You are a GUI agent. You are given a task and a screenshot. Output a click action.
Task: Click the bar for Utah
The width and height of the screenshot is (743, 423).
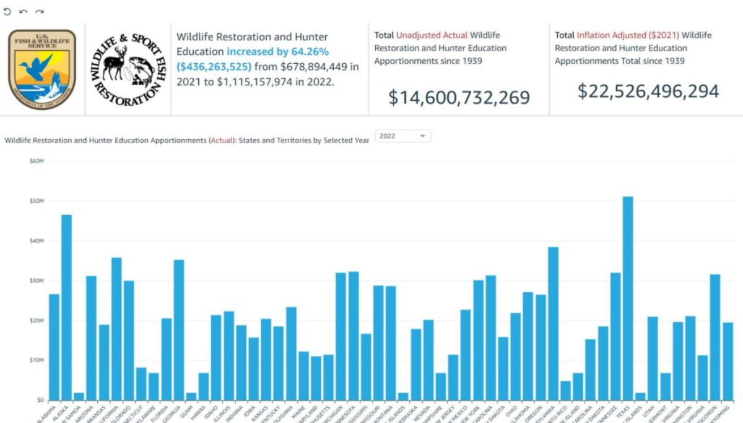[653, 358]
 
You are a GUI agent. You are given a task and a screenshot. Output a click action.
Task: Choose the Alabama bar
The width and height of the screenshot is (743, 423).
[54, 347]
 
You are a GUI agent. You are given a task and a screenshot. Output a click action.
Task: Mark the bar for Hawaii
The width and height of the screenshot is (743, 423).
[204, 386]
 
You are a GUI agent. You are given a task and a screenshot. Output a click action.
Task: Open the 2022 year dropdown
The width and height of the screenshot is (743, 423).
[403, 136]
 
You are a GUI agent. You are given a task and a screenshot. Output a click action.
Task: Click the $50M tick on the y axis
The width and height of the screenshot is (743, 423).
[37, 201]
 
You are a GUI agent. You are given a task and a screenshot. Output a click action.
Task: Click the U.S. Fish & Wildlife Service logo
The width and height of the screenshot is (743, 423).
[42, 69]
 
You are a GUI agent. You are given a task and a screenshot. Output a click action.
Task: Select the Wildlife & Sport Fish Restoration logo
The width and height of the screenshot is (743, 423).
[128, 69]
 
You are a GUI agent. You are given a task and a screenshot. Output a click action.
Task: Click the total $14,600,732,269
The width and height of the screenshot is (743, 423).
[459, 98]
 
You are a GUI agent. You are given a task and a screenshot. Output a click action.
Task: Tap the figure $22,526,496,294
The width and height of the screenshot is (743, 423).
[648, 91]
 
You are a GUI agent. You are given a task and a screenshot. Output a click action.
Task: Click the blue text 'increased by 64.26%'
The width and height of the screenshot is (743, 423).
[277, 51]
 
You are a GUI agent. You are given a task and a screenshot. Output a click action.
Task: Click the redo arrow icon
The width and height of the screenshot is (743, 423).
[39, 12]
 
